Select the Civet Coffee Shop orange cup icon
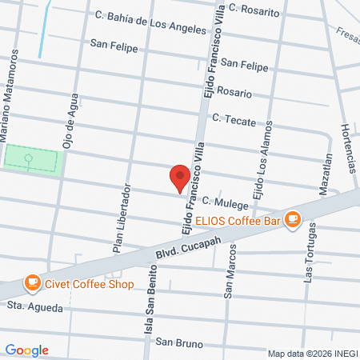pos(32,282)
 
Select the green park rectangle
pos(32,160)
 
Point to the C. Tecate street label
pos(233,118)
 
